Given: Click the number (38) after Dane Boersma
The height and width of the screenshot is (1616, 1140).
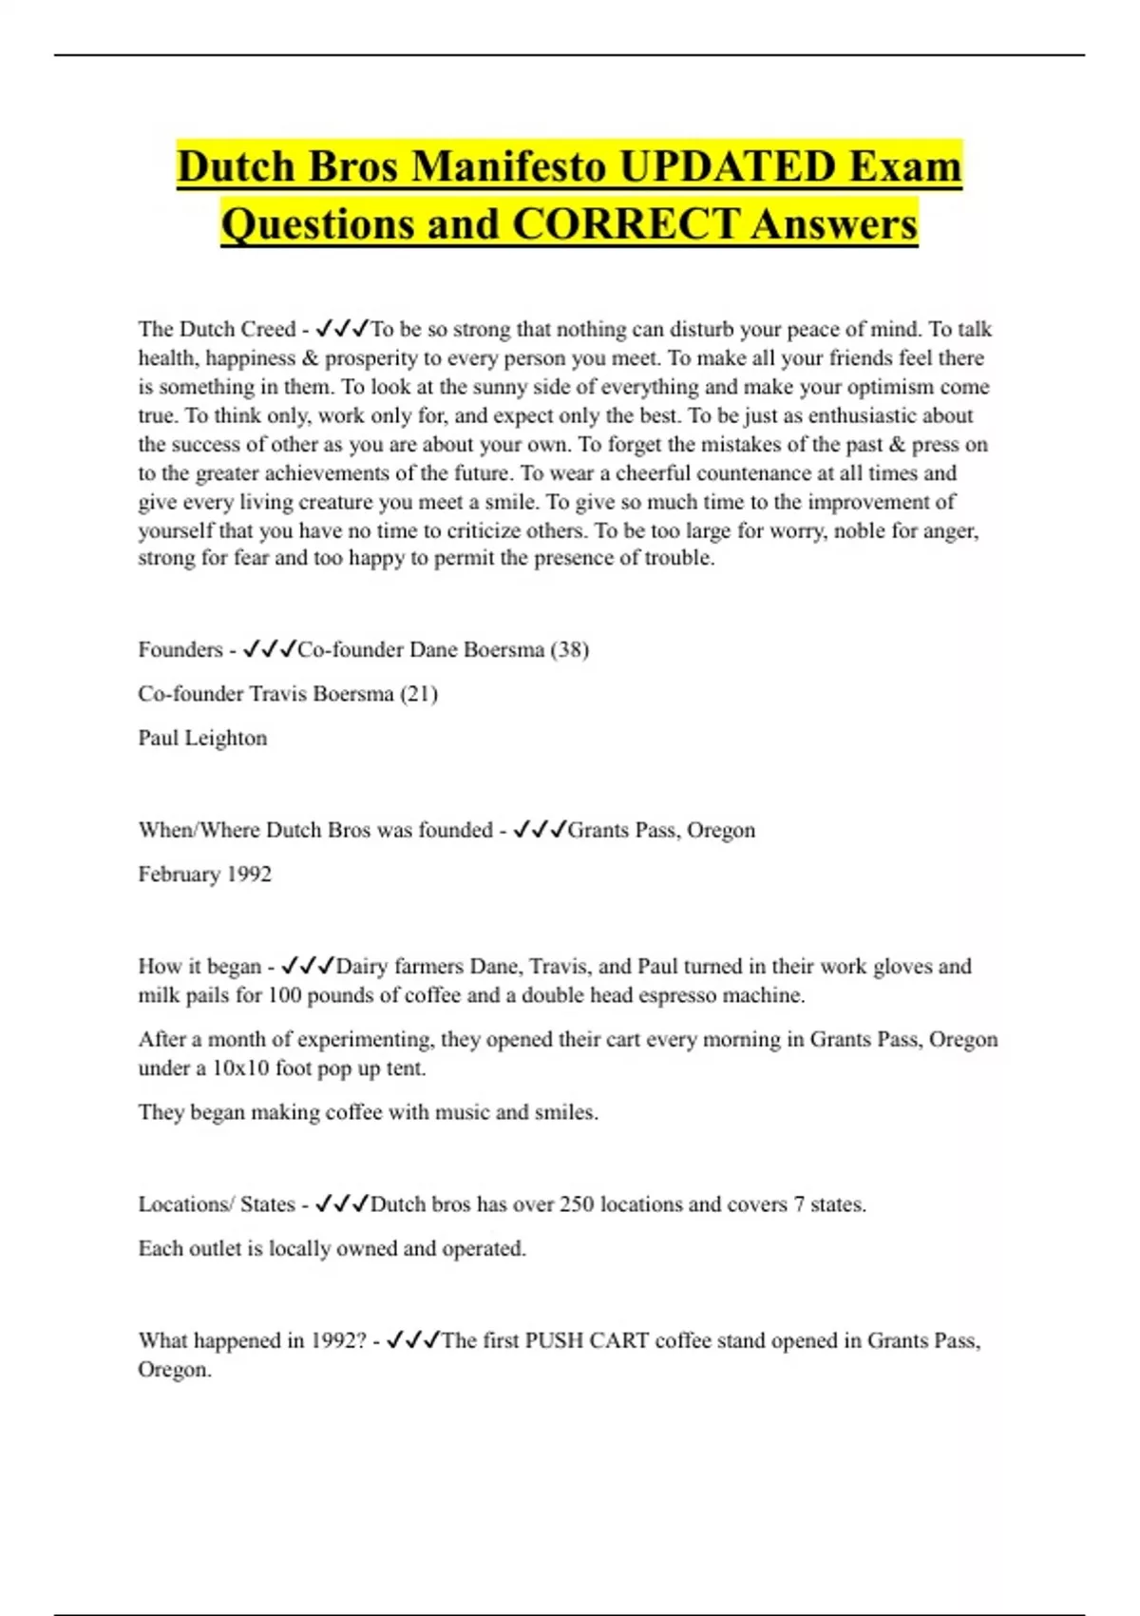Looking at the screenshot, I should [570, 650].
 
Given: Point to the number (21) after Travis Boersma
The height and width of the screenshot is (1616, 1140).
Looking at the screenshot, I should [419, 694].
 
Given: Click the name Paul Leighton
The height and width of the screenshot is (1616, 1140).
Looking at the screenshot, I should [202, 739].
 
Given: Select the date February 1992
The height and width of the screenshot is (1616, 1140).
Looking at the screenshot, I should [204, 875].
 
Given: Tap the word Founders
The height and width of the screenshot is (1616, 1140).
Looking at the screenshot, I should [180, 650].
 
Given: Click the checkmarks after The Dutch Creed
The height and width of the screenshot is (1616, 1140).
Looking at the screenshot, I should [341, 329].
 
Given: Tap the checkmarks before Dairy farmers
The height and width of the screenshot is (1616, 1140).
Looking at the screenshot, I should [308, 967].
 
